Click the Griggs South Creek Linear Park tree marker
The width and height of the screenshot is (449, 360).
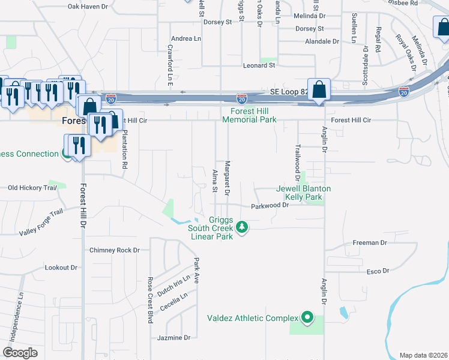242,227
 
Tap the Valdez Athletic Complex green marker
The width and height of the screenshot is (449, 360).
307,317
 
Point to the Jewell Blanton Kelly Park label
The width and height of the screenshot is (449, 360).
303,193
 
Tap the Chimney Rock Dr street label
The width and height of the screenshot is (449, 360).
114,250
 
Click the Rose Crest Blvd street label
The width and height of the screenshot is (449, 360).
149,299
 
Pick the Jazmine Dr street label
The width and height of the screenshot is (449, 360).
173,338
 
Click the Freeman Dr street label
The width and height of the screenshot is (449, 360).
370,243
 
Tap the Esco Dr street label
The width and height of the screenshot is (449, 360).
378,271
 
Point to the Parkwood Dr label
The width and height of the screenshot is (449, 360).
270,205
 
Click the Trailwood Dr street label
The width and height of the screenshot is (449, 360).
297,162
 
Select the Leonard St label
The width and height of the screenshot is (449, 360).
259,65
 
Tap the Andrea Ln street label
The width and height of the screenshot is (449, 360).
185,38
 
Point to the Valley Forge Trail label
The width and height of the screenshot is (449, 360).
41,223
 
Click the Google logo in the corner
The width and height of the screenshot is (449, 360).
20,353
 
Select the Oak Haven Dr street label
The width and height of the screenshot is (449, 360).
88,7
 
